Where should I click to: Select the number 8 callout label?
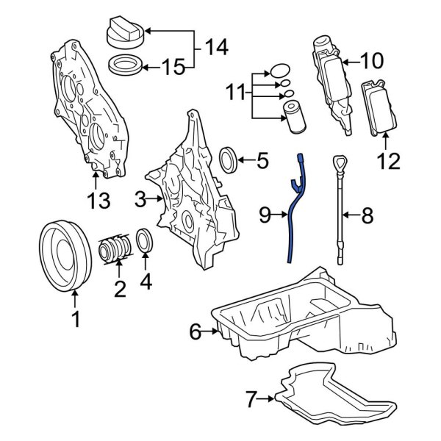pyautogui.click(x=367, y=215)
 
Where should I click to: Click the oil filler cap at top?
pyautogui.click(x=126, y=33)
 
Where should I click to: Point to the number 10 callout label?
pyautogui.click(x=371, y=60)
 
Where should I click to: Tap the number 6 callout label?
pyautogui.click(x=195, y=332)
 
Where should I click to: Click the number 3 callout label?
pyautogui.click(x=140, y=198)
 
